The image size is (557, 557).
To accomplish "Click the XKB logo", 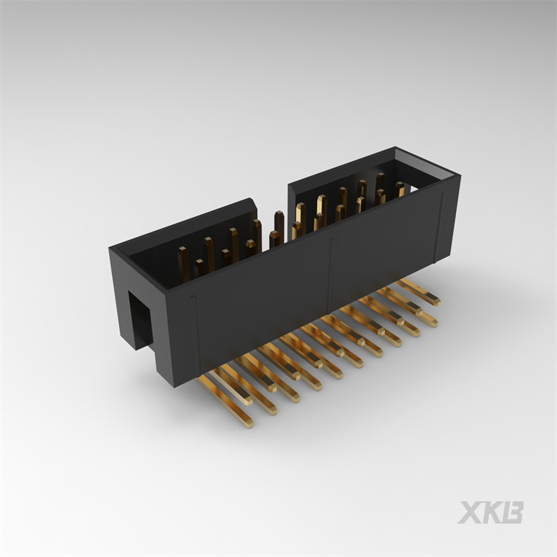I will [490, 512].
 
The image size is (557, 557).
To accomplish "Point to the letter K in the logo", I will [491, 512].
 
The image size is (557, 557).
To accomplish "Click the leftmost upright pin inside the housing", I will [183, 264].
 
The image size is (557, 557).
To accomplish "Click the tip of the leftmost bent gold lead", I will [247, 423].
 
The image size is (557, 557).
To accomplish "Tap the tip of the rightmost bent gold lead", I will [435, 300].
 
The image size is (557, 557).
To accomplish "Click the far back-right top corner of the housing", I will [396, 149].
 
